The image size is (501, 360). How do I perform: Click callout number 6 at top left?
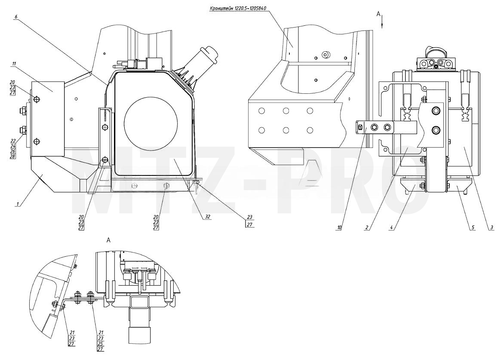pos(15,16)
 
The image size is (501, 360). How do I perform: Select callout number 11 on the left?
pos(14,64)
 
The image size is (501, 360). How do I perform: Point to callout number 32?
pos(208,217)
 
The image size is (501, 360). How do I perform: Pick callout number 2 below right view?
pos(367,228)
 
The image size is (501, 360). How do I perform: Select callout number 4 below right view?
pos(391,228)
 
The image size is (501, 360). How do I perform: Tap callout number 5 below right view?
pos(473,228)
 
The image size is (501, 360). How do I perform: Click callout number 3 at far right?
pos(492,228)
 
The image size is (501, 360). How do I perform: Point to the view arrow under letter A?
pos(382,23)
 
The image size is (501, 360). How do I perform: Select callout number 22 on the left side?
pos(13,141)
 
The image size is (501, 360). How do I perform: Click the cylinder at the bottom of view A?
pos(139,336)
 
